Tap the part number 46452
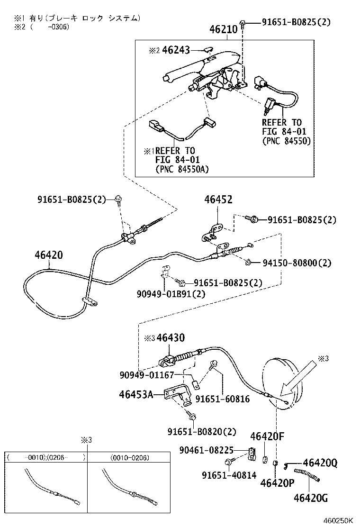click(x=218, y=200)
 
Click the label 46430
click(x=171, y=338)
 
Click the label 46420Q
click(x=320, y=463)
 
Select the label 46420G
click(x=310, y=498)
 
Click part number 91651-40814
click(x=228, y=474)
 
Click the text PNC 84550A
click(x=182, y=169)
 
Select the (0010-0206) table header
click(x=129, y=458)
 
